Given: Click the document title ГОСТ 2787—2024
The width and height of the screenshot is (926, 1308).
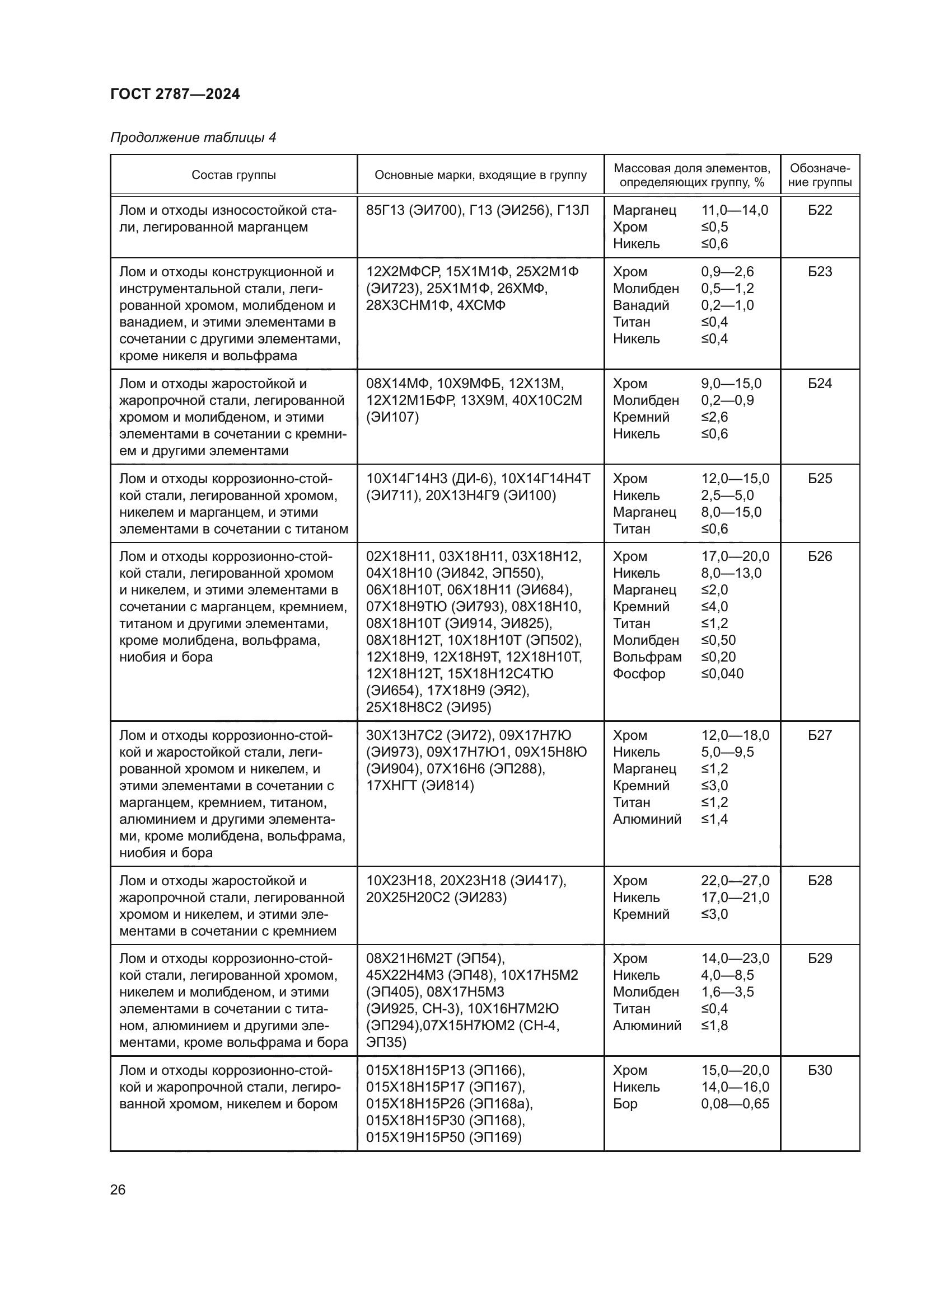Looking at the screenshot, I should coord(175,94).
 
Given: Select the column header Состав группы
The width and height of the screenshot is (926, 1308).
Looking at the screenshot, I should coord(233,175).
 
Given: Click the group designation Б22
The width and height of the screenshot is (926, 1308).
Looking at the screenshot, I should coord(820,210).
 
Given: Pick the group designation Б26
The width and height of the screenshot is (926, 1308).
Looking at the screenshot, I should coord(820,556).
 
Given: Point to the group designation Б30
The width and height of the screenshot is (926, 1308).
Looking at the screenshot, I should coord(820,1070).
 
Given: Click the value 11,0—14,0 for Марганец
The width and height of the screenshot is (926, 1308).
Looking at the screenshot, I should coord(735,210).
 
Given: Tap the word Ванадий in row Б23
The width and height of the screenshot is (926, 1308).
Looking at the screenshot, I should coord(640,305).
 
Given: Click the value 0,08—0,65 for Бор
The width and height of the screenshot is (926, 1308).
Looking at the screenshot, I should coord(735,1103).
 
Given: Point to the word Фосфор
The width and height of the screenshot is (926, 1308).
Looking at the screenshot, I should coord(639,674).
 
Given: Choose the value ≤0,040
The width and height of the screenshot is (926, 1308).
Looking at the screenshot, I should coord(722,674).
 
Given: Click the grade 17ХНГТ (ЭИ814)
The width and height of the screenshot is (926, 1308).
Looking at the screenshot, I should coord(420,786).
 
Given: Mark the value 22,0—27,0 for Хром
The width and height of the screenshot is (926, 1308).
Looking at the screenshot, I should coord(735,881).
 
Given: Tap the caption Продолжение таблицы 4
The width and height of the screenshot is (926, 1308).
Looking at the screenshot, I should coord(193,138).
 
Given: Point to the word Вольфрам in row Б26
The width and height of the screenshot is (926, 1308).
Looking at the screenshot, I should coord(647,657).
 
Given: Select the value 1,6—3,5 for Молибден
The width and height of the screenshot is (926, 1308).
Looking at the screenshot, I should coord(727,992).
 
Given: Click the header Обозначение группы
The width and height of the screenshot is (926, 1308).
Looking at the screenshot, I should coord(820,175).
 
